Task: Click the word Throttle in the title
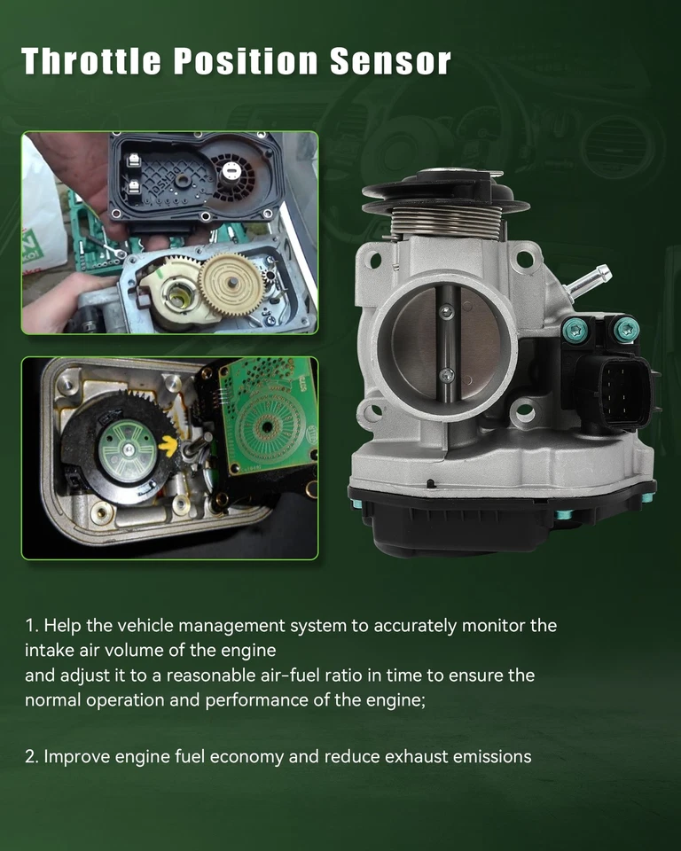coord(91,60)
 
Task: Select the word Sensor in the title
coord(390,60)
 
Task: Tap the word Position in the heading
coord(246,60)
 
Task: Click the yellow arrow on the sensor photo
coord(168,446)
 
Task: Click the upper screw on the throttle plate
coord(446,311)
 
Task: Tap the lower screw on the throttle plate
coord(446,374)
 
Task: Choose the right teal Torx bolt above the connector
coord(626,329)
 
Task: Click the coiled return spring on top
coord(446,222)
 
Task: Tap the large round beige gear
coord(232,285)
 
